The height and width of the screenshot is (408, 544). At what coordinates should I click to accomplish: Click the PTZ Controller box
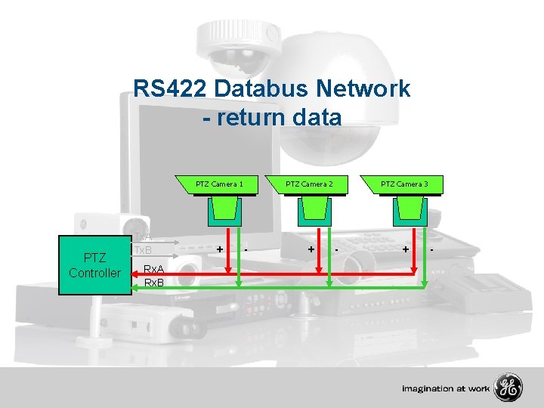point(94,265)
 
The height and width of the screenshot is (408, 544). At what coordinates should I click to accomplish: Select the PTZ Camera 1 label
point(219,184)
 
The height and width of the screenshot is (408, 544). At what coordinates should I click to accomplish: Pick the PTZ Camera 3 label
point(404,184)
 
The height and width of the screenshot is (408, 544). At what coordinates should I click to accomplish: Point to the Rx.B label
point(154,283)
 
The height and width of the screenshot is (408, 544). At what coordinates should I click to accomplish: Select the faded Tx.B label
point(143,250)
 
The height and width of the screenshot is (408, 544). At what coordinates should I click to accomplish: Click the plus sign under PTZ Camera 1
point(219,248)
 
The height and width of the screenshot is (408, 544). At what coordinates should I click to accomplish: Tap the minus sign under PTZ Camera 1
point(246,247)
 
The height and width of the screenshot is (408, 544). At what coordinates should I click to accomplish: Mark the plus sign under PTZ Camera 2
point(311,248)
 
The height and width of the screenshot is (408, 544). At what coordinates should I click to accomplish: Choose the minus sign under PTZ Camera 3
point(431,247)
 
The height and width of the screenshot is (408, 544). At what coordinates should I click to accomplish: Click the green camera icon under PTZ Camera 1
point(224,210)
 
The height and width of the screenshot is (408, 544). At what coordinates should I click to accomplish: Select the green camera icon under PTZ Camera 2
point(314,210)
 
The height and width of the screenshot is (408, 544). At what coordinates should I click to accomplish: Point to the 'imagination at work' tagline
point(446,389)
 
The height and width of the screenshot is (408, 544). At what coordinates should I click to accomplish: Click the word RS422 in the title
point(171,89)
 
